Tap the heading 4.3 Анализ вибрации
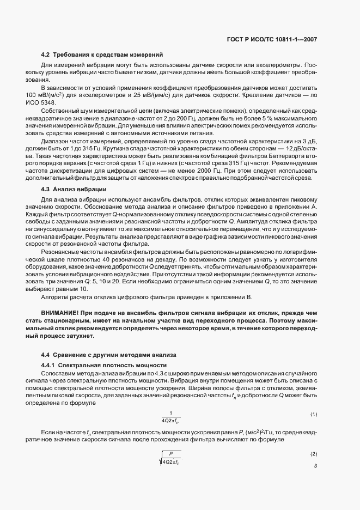coord(74,189)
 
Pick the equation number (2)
coord(314,454)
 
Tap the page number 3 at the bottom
coord(315,466)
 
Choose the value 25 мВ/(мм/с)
coord(168,95)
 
